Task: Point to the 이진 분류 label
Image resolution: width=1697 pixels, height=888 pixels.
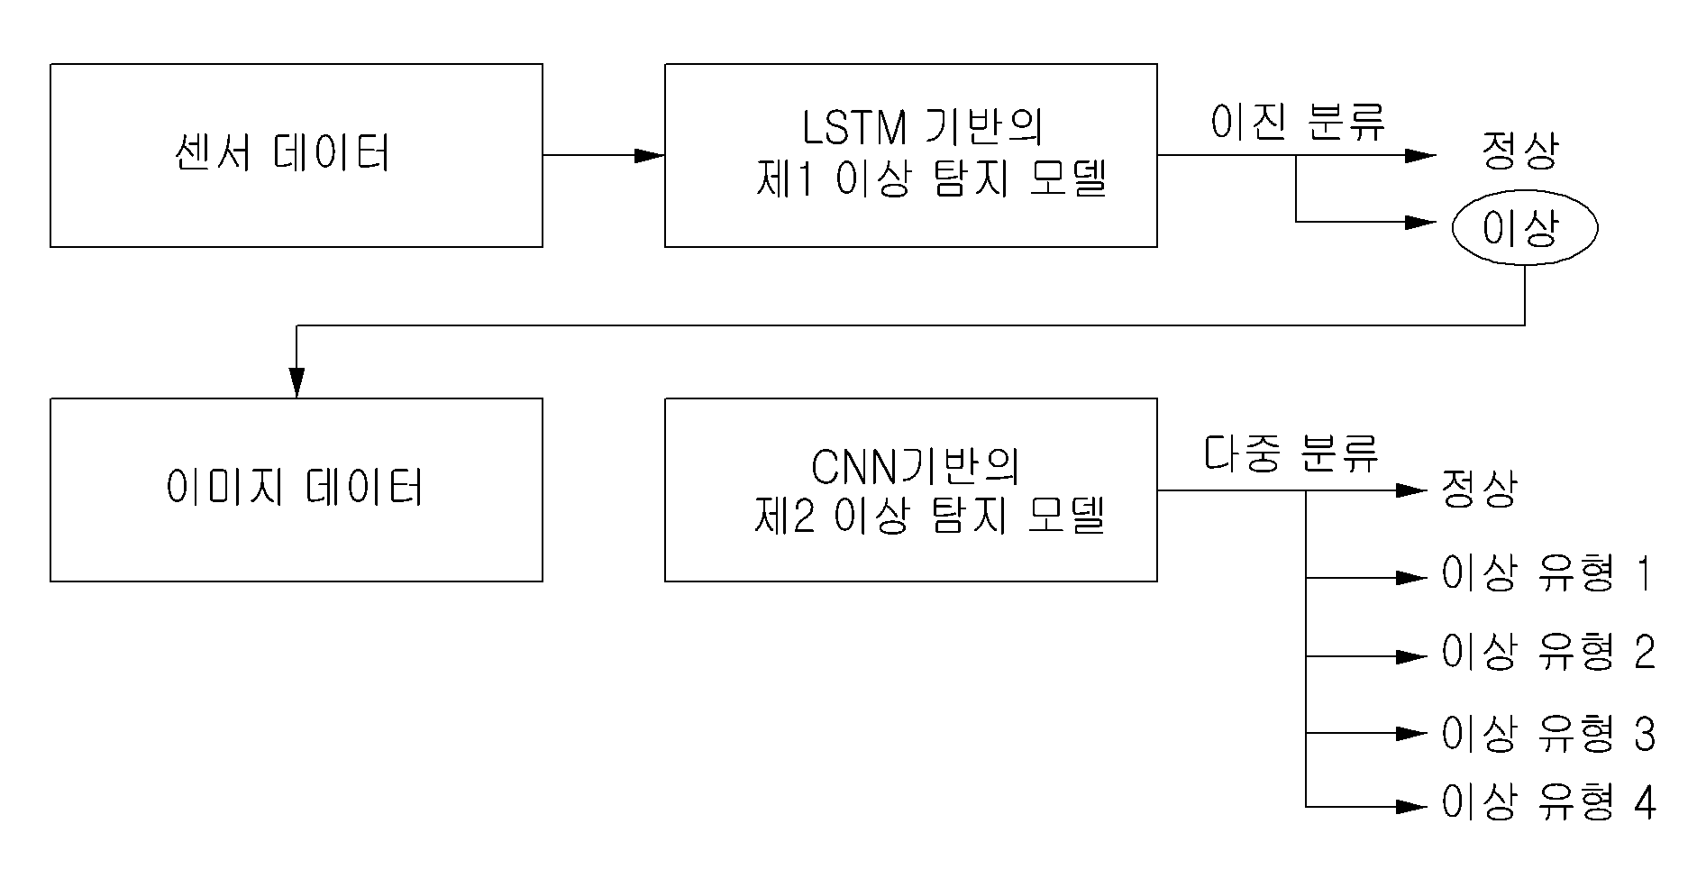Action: [x=1298, y=122]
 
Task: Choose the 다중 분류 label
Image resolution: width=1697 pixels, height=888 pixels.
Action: [x=1291, y=453]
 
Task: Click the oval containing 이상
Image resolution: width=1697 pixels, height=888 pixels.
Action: [x=1524, y=230]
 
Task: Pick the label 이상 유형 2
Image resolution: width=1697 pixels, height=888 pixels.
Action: [x=1548, y=652]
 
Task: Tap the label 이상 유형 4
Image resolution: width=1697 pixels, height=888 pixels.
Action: [x=1548, y=803]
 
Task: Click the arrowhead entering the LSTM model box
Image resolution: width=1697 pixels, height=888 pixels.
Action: [x=650, y=155]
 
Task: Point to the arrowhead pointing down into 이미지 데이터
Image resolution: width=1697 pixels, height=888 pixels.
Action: [x=297, y=383]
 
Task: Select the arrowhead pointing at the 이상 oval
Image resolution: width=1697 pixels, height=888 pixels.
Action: [x=1421, y=221]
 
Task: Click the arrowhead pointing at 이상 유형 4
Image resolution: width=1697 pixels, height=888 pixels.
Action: [x=1412, y=806]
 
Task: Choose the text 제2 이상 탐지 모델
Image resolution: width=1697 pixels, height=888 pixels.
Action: [x=930, y=517]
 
